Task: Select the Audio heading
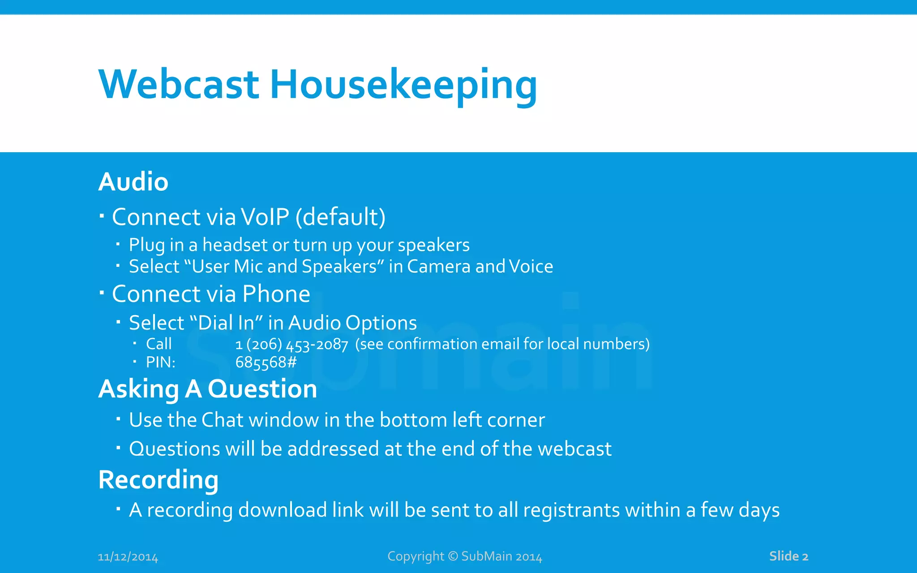pos(133,182)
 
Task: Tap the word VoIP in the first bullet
pos(265,217)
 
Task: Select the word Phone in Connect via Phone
pos(276,294)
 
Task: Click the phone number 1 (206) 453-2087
pos(291,344)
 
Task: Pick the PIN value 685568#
pos(266,362)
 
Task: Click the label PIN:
pos(160,362)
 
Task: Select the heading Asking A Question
pos(207,389)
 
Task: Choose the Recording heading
pos(158,480)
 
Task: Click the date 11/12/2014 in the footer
pos(128,557)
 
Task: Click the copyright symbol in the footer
pos(453,556)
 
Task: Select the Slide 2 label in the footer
pos(788,556)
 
